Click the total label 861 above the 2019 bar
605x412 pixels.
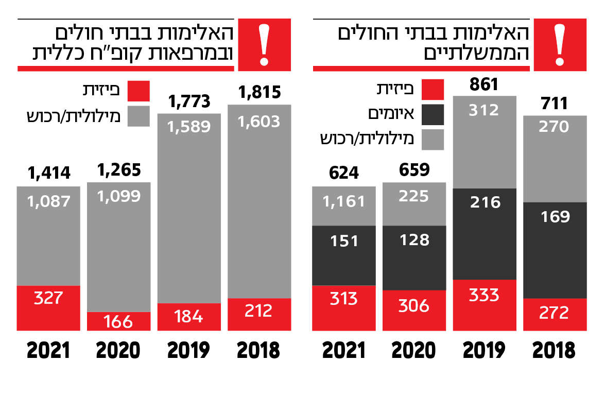pos(484,84)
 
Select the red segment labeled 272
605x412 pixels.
pos(555,314)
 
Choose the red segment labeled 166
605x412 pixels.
pos(118,321)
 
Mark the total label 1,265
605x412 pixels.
pos(118,169)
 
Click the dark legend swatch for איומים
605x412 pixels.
pos(433,115)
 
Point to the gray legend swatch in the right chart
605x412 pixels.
pos(433,140)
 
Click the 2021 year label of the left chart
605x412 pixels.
pos(48,350)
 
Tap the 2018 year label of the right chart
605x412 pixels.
pos(555,350)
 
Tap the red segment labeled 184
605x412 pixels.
pos(189,317)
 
